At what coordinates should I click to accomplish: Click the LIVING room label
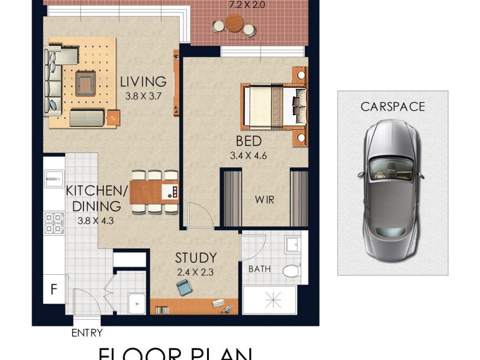click(142, 82)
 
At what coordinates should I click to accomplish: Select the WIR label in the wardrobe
click(265, 200)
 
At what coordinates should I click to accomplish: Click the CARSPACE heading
click(392, 107)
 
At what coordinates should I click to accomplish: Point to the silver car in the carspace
click(391, 186)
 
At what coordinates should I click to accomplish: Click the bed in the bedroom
click(273, 106)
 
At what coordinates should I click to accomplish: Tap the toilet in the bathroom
click(290, 271)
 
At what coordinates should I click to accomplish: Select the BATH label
click(259, 269)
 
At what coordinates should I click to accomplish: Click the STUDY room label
click(196, 259)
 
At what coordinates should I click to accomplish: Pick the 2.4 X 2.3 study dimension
click(196, 272)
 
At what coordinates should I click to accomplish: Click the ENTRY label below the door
click(87, 333)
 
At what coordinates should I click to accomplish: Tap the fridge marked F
click(54, 290)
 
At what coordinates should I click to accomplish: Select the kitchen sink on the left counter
click(53, 178)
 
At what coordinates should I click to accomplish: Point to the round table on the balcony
click(235, 25)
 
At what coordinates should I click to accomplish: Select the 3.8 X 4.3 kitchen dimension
click(95, 220)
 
